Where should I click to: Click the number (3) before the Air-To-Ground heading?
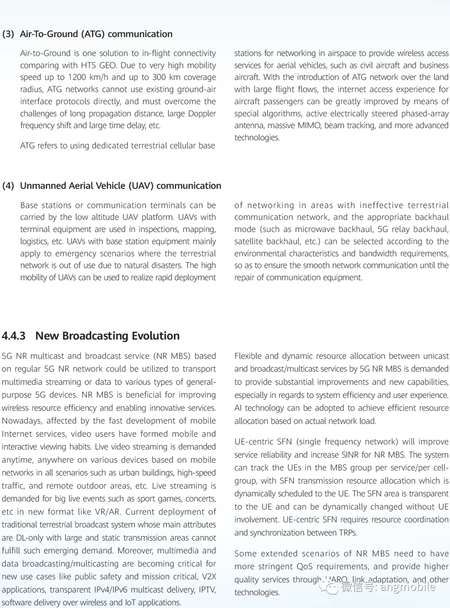[x=8, y=34]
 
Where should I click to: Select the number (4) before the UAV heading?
[x=8, y=186]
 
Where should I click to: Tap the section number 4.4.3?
[x=14, y=336]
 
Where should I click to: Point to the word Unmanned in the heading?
[x=40, y=186]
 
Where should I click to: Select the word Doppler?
[x=201, y=113]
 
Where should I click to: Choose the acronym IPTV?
[x=206, y=590]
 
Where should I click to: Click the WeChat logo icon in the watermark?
[x=332, y=588]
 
